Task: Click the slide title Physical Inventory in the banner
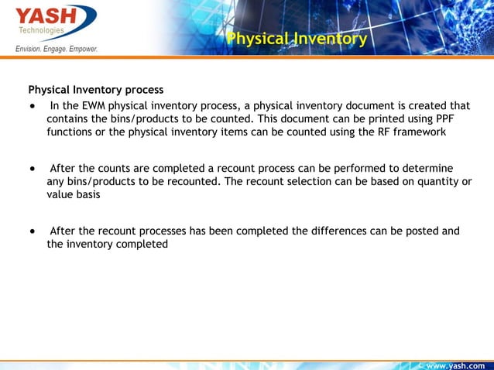(x=297, y=39)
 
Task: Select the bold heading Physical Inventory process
(x=96, y=90)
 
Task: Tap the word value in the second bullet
(x=60, y=195)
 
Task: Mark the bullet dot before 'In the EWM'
(x=32, y=105)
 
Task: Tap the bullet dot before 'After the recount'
(x=32, y=231)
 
